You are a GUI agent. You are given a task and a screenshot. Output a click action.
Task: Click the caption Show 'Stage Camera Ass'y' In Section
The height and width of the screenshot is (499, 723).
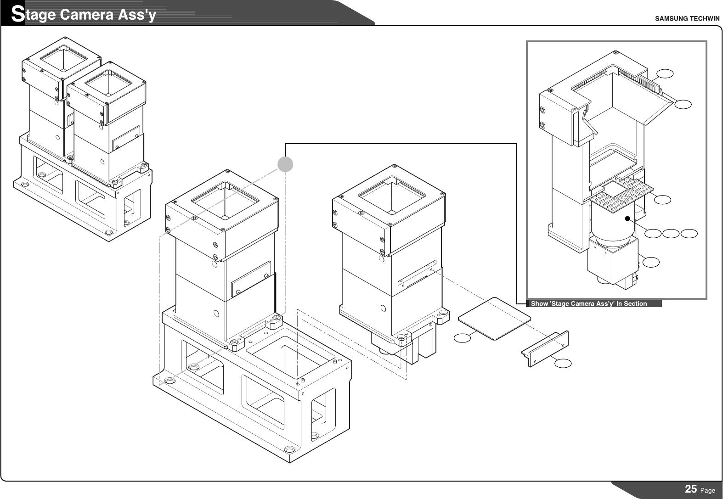(x=589, y=303)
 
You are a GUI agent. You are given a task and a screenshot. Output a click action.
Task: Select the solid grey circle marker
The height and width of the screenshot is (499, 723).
(x=285, y=164)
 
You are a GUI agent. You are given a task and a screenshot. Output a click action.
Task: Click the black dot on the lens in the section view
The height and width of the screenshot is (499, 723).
(x=627, y=219)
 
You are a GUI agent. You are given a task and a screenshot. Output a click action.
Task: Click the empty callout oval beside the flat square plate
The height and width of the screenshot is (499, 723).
(x=463, y=338)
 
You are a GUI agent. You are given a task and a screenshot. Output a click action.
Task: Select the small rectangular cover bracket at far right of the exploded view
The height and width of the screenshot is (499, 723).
(x=545, y=348)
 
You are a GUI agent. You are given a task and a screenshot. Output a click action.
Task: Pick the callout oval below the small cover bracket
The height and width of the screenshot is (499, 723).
(x=563, y=363)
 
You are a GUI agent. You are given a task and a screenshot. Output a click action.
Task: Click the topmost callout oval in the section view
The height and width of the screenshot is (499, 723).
(x=665, y=73)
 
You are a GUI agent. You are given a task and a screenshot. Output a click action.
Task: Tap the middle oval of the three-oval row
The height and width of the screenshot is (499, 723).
(x=671, y=234)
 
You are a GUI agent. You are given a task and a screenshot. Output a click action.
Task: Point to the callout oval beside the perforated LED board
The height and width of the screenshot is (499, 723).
(x=662, y=199)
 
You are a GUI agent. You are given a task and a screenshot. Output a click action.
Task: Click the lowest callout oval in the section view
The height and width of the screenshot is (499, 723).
(x=651, y=262)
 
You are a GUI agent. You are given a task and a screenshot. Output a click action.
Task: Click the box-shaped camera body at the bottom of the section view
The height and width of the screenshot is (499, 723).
(x=611, y=262)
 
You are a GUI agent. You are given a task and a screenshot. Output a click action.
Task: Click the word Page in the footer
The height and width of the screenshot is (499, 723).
(x=708, y=490)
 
